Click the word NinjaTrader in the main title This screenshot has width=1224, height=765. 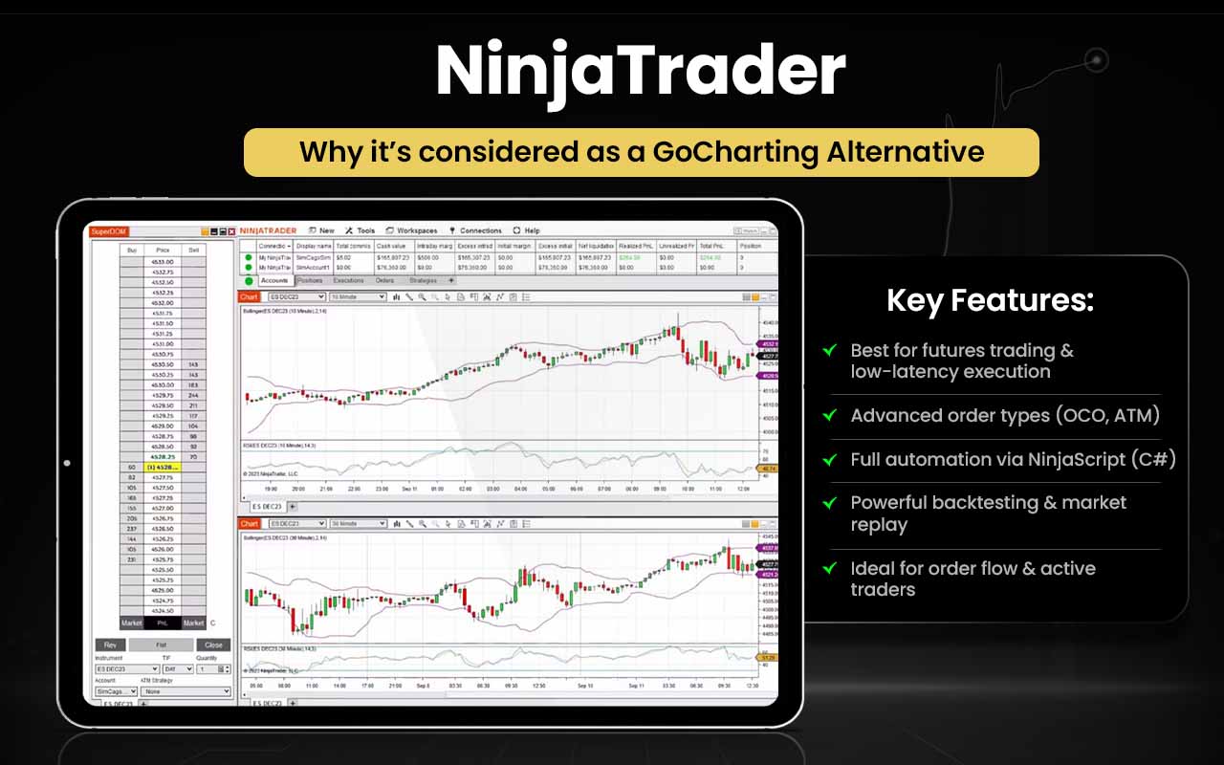tap(640, 73)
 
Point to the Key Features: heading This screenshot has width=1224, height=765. tap(990, 301)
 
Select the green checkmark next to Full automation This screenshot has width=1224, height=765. tap(830, 460)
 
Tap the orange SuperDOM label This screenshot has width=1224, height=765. tap(108, 231)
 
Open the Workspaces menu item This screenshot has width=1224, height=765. tap(413, 230)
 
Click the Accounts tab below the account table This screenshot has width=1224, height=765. tap(274, 281)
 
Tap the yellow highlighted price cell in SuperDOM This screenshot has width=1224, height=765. tap(163, 467)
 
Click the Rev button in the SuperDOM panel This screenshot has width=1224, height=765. tap(110, 645)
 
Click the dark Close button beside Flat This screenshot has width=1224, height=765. tap(213, 645)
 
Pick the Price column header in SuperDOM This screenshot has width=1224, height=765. tap(163, 250)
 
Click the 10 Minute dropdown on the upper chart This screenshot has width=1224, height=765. tap(357, 297)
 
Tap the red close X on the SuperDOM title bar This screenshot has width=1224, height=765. tap(231, 231)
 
